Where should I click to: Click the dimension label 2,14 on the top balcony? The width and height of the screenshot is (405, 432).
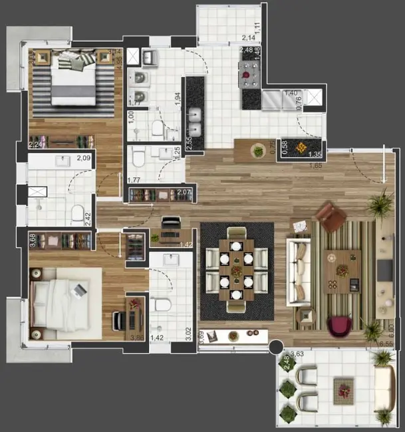(x=249, y=38)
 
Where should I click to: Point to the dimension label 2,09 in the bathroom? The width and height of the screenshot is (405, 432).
(x=84, y=158)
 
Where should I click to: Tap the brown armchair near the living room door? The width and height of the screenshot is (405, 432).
(x=329, y=217)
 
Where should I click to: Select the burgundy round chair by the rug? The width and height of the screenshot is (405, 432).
(x=339, y=326)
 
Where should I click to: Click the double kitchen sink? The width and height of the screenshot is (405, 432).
(x=196, y=120)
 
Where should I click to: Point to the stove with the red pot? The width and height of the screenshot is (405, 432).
(x=250, y=75)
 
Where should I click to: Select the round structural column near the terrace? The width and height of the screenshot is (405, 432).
(x=273, y=347)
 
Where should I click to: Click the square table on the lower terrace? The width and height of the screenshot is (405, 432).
(x=343, y=389)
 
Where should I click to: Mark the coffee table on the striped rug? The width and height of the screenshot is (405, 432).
(x=342, y=271)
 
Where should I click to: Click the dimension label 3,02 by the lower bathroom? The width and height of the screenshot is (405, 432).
(x=187, y=333)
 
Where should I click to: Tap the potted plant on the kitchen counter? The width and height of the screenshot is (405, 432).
(x=258, y=151)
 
